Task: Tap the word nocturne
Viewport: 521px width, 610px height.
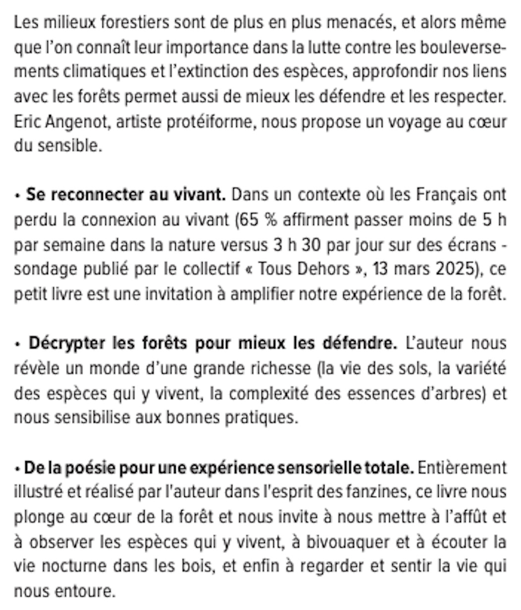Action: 63,566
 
